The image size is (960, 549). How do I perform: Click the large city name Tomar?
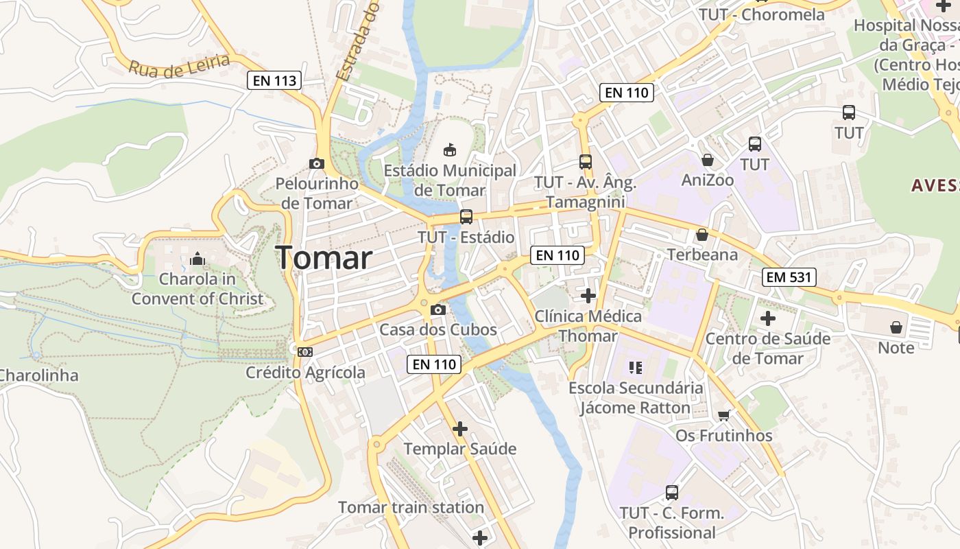coord(324,258)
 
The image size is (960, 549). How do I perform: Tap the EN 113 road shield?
coord(275,80)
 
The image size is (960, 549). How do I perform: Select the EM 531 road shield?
coord(789,277)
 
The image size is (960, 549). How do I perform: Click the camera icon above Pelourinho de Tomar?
coord(316,163)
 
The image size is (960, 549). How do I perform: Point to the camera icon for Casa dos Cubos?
coord(438,309)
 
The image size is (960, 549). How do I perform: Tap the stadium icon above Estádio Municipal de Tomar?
coord(450,150)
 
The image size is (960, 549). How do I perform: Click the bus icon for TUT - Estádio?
coord(466,217)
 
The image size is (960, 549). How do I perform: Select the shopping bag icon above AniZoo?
coord(708,160)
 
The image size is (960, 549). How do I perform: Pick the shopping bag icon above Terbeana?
coord(702,235)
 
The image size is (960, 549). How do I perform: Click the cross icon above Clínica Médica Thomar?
coord(588,296)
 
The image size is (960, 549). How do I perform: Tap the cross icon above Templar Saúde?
coord(460,429)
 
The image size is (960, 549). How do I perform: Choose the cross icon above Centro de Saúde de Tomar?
coord(768,318)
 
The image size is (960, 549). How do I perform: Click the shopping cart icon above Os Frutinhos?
coord(724,415)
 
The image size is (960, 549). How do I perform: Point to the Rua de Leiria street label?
coord(179,65)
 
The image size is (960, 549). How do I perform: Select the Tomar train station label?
coord(411,508)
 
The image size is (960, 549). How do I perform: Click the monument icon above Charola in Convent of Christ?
coord(197,259)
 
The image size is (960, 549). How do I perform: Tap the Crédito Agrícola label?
coord(306,373)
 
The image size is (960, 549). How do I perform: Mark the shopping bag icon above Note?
coord(896,327)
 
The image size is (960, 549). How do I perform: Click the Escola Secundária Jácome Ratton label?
coord(636,398)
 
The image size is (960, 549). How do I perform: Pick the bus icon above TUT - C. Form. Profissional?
coord(672,493)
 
